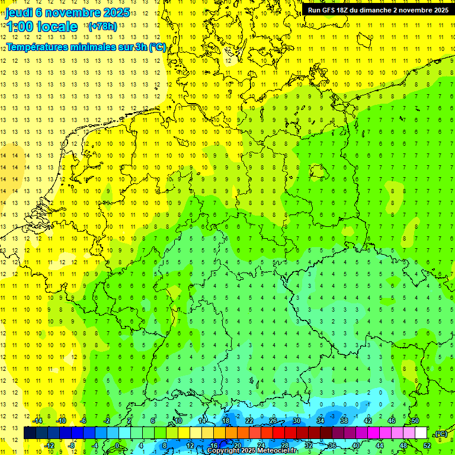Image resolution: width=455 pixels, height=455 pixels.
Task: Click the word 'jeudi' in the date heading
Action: click(19, 12)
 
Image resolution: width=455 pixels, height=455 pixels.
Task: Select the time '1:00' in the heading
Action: click(20, 27)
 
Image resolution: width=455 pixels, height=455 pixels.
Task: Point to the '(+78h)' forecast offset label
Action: click(102, 27)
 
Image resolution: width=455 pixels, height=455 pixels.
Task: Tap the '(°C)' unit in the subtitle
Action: click(157, 47)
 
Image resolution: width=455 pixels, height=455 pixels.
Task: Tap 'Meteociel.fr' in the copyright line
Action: click(276, 451)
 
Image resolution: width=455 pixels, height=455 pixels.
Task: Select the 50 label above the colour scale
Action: click(415, 421)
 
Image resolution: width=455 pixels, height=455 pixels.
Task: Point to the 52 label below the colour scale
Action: click(427, 445)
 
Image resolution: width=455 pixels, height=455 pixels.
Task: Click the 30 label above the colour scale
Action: click(296, 421)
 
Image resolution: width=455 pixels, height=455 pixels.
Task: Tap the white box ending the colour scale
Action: click(421, 433)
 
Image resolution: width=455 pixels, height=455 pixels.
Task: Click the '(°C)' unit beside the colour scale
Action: click(440, 433)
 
